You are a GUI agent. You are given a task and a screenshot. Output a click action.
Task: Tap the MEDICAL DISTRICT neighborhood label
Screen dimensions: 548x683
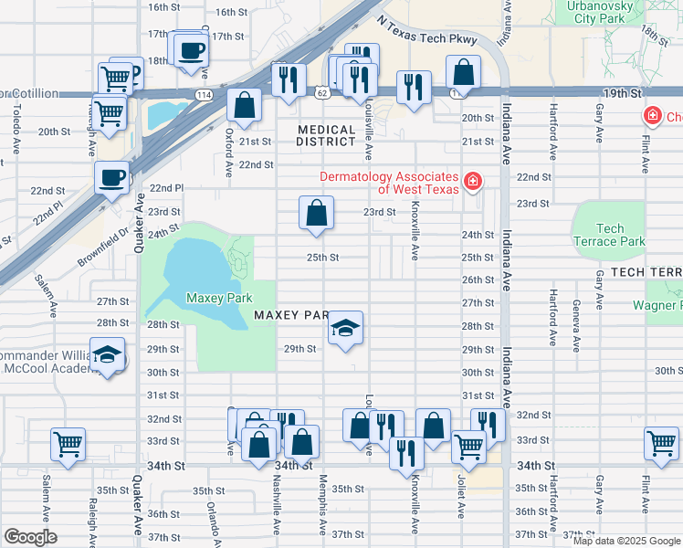[x=326, y=136]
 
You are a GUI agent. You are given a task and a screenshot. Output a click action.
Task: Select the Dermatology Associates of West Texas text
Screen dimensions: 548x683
[x=388, y=184]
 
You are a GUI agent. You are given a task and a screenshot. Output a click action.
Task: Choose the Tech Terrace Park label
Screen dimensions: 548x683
[x=611, y=236]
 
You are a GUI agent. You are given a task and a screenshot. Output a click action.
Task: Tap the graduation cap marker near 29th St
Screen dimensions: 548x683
[x=345, y=328]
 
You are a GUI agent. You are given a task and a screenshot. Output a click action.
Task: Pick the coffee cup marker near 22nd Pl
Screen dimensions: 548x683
[x=112, y=177]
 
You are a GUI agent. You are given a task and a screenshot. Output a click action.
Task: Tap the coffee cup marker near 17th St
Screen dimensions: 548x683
[x=191, y=50]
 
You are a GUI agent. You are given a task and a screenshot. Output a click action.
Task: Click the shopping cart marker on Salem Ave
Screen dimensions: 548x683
[x=68, y=445]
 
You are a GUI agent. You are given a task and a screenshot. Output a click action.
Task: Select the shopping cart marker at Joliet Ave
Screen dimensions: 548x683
[x=468, y=447]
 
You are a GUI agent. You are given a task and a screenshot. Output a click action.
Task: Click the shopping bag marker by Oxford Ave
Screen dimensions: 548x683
[x=245, y=104]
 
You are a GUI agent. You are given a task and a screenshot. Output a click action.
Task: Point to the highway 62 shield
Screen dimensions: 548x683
[x=321, y=93]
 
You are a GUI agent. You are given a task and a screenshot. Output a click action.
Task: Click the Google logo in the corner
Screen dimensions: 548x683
[x=30, y=537]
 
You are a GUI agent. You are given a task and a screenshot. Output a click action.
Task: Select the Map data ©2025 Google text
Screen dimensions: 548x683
[x=625, y=541]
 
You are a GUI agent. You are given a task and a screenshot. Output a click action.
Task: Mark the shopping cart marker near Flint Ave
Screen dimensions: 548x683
[x=661, y=443]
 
